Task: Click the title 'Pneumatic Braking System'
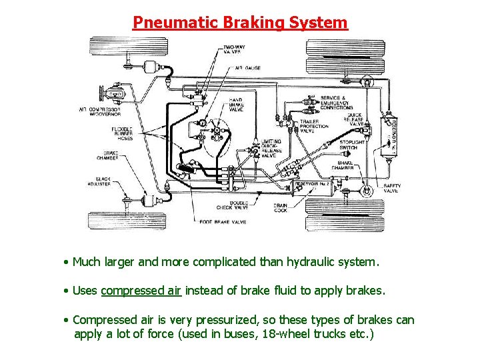click(x=240, y=23)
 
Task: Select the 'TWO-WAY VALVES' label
click(x=233, y=51)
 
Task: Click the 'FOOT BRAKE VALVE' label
click(x=223, y=222)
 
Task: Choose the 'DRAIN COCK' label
click(x=281, y=208)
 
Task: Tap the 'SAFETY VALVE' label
click(x=391, y=188)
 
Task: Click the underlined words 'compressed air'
click(x=141, y=291)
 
